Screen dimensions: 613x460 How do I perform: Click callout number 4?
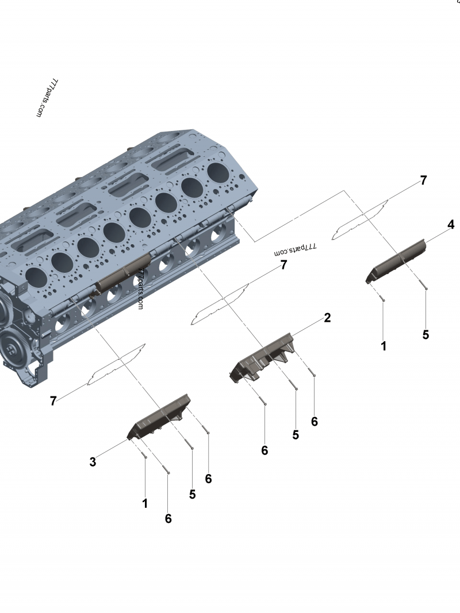point(451,225)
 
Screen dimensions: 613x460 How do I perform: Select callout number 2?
point(327,318)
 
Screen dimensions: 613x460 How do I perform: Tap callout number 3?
point(93,462)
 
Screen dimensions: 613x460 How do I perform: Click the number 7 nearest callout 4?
point(423,180)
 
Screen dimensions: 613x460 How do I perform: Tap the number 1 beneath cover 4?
point(384,346)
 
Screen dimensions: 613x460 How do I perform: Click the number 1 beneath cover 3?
point(145,503)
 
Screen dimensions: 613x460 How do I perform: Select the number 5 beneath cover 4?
point(425,335)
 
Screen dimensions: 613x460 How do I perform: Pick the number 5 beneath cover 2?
point(296,435)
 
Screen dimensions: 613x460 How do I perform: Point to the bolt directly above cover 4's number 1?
point(382,299)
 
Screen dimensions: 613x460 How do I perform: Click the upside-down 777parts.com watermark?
point(296,248)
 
